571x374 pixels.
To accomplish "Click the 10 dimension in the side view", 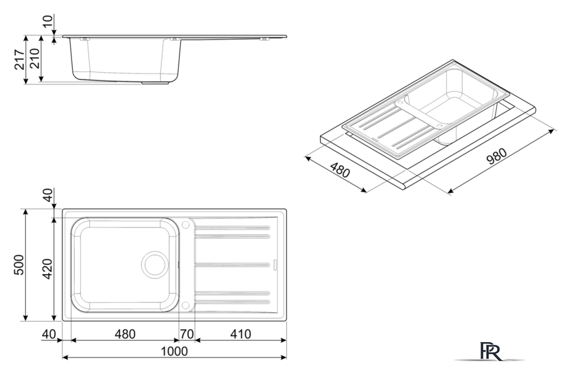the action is (48, 21).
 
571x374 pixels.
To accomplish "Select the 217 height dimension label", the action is (20, 59).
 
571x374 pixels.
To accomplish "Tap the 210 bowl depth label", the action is (35, 58).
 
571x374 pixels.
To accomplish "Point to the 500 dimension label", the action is (19, 265).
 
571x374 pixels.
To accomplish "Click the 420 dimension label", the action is (48, 269).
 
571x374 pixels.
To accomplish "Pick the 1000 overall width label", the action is (175, 351).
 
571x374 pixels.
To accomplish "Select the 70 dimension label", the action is (187, 334).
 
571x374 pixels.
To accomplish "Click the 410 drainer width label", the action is (241, 334).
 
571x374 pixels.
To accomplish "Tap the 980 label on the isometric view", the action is (497, 156).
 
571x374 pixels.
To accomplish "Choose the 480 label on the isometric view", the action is (340, 170).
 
